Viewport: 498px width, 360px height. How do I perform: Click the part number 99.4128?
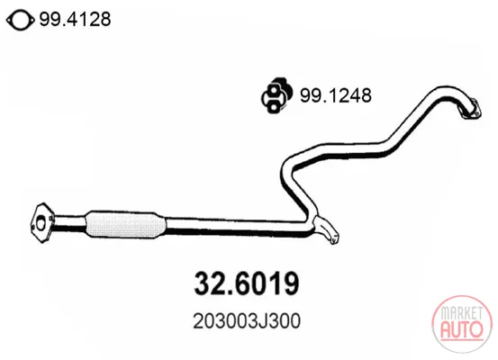coord(75,19)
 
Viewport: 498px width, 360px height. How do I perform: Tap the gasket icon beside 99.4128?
coord(21,21)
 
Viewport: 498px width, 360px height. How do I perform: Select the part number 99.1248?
coord(336,95)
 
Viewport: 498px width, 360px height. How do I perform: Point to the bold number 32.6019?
coord(247,283)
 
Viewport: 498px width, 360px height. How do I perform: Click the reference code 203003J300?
coord(247,321)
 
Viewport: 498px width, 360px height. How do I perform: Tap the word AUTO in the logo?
coord(462,329)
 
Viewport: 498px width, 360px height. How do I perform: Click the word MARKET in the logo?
coord(461,313)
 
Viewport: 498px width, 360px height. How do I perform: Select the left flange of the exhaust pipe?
coord(42,223)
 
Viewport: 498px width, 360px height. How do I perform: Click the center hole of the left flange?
coord(41,224)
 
